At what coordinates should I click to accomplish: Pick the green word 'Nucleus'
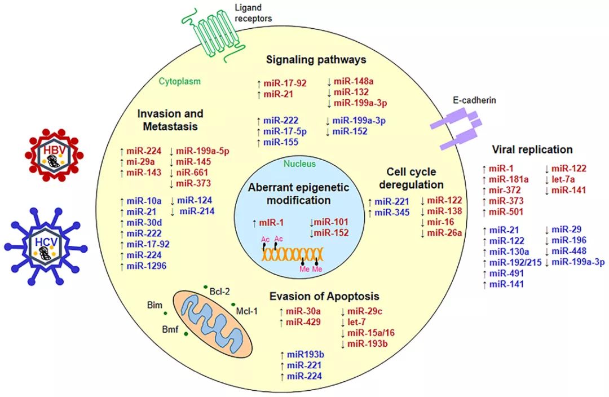click(301, 164)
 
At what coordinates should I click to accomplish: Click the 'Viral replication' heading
click(532, 149)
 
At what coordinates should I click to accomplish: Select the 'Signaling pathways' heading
click(317, 59)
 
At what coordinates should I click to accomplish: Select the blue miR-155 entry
click(283, 143)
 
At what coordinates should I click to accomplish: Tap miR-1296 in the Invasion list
click(145, 265)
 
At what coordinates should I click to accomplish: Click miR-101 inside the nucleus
click(330, 222)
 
